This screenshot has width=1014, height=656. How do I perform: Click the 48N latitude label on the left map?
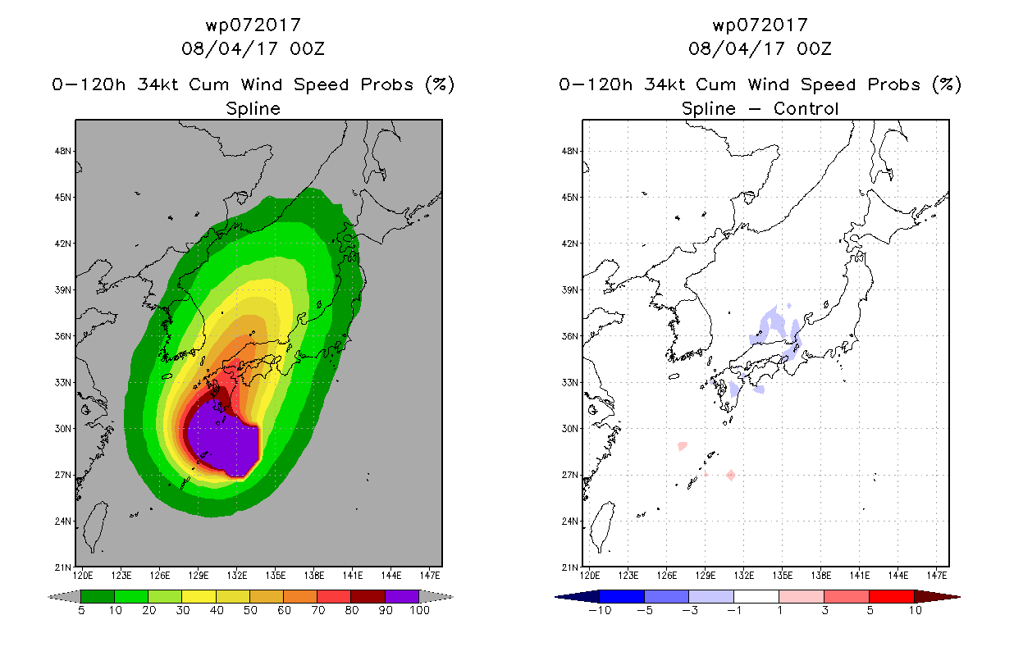click(x=63, y=151)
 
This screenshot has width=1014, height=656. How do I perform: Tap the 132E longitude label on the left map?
click(x=237, y=576)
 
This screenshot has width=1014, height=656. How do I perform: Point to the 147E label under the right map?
click(x=937, y=576)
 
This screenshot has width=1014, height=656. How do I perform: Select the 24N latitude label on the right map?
click(x=570, y=522)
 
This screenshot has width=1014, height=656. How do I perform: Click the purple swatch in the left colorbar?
click(x=402, y=596)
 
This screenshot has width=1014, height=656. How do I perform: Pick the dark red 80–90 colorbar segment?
click(x=368, y=596)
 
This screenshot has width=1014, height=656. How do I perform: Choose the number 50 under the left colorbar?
click(x=250, y=610)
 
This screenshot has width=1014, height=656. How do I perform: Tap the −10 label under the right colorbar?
click(x=600, y=610)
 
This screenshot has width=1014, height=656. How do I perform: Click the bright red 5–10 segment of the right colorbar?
click(x=892, y=596)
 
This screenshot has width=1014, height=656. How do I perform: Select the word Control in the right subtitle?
click(x=806, y=108)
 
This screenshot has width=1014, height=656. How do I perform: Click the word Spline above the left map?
click(x=253, y=109)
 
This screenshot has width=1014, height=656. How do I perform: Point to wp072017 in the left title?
click(x=253, y=25)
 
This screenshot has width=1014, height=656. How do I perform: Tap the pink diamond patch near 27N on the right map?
click(x=731, y=475)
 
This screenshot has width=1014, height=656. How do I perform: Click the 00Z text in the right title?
click(x=815, y=49)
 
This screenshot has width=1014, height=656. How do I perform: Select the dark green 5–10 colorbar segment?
click(x=98, y=596)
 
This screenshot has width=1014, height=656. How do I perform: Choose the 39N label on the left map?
click(x=63, y=290)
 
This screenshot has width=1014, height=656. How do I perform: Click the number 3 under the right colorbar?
click(x=824, y=610)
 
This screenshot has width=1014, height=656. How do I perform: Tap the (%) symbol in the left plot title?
click(x=440, y=84)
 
